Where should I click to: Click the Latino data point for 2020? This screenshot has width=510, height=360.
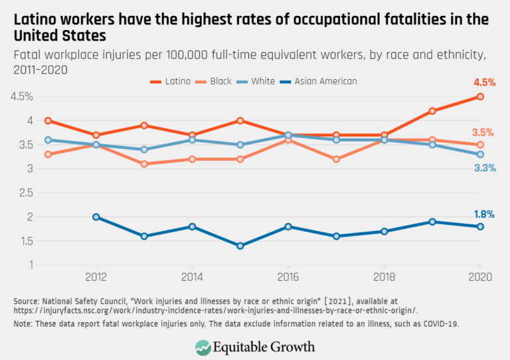click(x=480, y=97)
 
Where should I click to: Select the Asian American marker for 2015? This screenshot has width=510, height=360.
click(x=240, y=246)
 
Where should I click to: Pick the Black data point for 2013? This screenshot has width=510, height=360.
click(x=143, y=164)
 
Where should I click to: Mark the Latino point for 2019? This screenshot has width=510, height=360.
click(x=432, y=111)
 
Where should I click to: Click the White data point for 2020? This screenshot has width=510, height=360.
click(x=480, y=154)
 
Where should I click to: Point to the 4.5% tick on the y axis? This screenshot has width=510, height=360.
click(x=22, y=97)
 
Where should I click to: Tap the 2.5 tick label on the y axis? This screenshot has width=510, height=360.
click(x=25, y=193)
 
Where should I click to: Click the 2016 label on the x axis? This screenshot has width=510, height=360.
click(x=288, y=276)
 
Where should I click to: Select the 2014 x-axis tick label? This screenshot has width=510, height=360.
click(x=191, y=276)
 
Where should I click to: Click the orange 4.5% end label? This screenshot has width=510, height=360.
click(x=484, y=84)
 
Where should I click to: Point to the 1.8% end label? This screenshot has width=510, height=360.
click(x=484, y=214)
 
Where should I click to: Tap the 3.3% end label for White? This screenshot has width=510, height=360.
click(x=485, y=168)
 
